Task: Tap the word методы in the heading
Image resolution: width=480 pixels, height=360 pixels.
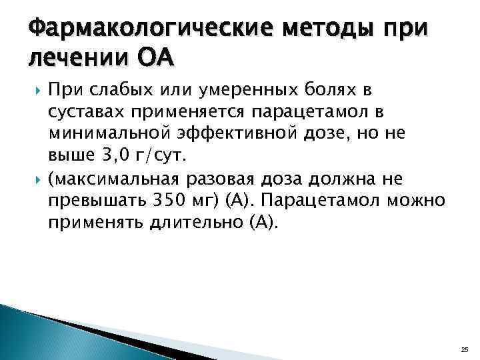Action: [313, 29]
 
